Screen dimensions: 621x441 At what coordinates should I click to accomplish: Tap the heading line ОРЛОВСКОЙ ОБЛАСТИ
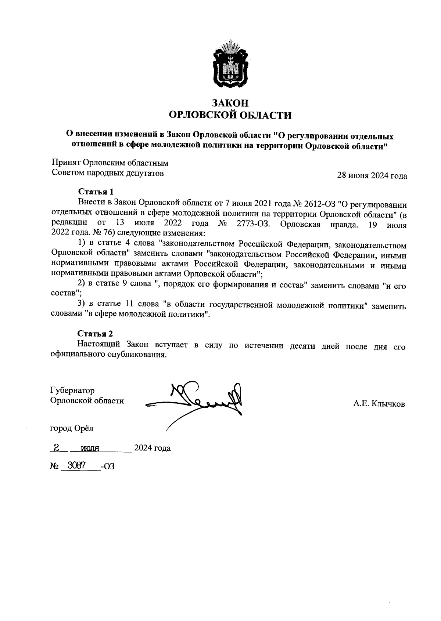[x=230, y=115]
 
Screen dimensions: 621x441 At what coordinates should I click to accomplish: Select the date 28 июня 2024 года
[x=372, y=176]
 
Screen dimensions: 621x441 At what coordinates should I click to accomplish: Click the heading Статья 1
[x=96, y=192]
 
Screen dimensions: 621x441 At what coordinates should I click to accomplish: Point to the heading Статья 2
[x=95, y=334]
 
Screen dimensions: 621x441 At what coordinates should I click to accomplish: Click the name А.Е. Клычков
[x=379, y=404]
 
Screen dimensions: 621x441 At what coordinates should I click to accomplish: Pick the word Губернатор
[x=72, y=390]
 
